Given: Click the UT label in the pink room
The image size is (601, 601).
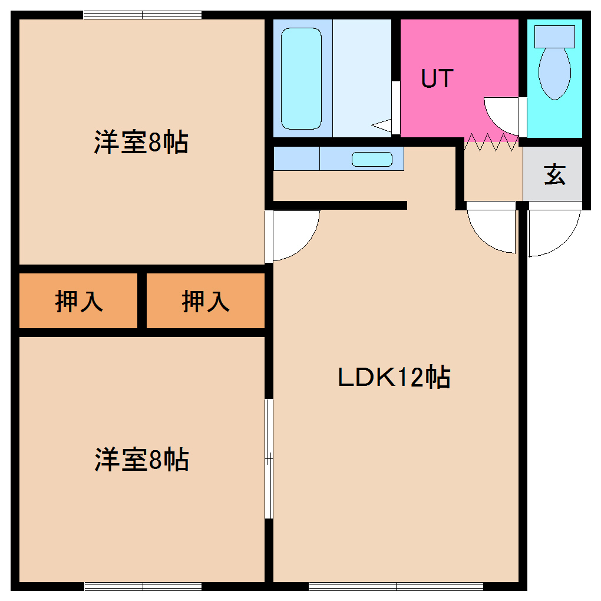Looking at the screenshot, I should click(x=437, y=78).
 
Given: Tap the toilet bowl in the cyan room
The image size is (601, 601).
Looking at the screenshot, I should click(x=554, y=72).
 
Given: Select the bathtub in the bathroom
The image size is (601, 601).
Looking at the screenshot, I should click(x=301, y=78).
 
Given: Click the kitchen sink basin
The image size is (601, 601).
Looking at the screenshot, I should click(x=372, y=159).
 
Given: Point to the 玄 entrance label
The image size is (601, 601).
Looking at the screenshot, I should click(x=554, y=175).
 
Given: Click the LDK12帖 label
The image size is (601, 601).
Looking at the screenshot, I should click(x=394, y=377).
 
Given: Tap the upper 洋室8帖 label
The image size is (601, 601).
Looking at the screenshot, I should click(x=141, y=143).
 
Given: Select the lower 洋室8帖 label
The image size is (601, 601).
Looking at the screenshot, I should click(x=141, y=460).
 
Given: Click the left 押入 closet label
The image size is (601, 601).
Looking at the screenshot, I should click(x=79, y=301).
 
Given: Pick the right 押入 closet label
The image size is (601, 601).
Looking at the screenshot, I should click(x=205, y=301).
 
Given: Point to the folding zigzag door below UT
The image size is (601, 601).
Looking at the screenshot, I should click(x=491, y=142).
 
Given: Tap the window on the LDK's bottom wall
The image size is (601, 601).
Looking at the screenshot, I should click(x=396, y=586).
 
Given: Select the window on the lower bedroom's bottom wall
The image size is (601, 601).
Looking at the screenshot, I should click(x=143, y=586).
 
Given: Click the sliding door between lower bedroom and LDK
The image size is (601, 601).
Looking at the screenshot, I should click(x=269, y=458).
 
